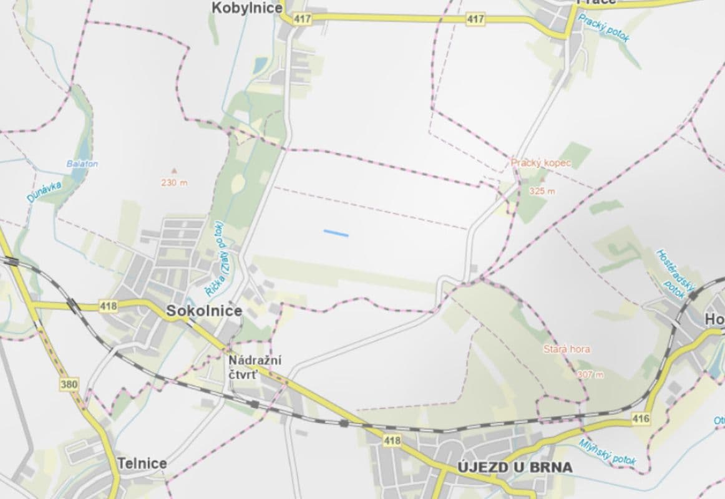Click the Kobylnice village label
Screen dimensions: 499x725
pyautogui.click(x=247, y=8)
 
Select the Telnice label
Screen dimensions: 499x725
pyautogui.click(x=142, y=463)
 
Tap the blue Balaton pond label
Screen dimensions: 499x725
pyautogui.click(x=82, y=164)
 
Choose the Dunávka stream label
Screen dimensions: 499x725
pyautogui.click(x=42, y=189)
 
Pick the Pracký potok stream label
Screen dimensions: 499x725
pyautogui.click(x=603, y=28)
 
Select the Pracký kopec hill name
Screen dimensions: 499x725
pyautogui.click(x=541, y=163)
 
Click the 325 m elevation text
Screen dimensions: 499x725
pyautogui.click(x=541, y=191)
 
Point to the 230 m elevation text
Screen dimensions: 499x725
pyautogui.click(x=174, y=183)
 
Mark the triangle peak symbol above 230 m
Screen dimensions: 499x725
pyautogui.click(x=174, y=170)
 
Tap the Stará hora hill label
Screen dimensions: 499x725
pyautogui.click(x=566, y=349)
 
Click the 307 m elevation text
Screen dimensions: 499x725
pyautogui.click(x=590, y=374)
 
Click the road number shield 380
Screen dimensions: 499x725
pyautogui.click(x=69, y=384)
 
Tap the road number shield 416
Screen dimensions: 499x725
pyautogui.click(x=641, y=418)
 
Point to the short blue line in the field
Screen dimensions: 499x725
pyautogui.click(x=336, y=233)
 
